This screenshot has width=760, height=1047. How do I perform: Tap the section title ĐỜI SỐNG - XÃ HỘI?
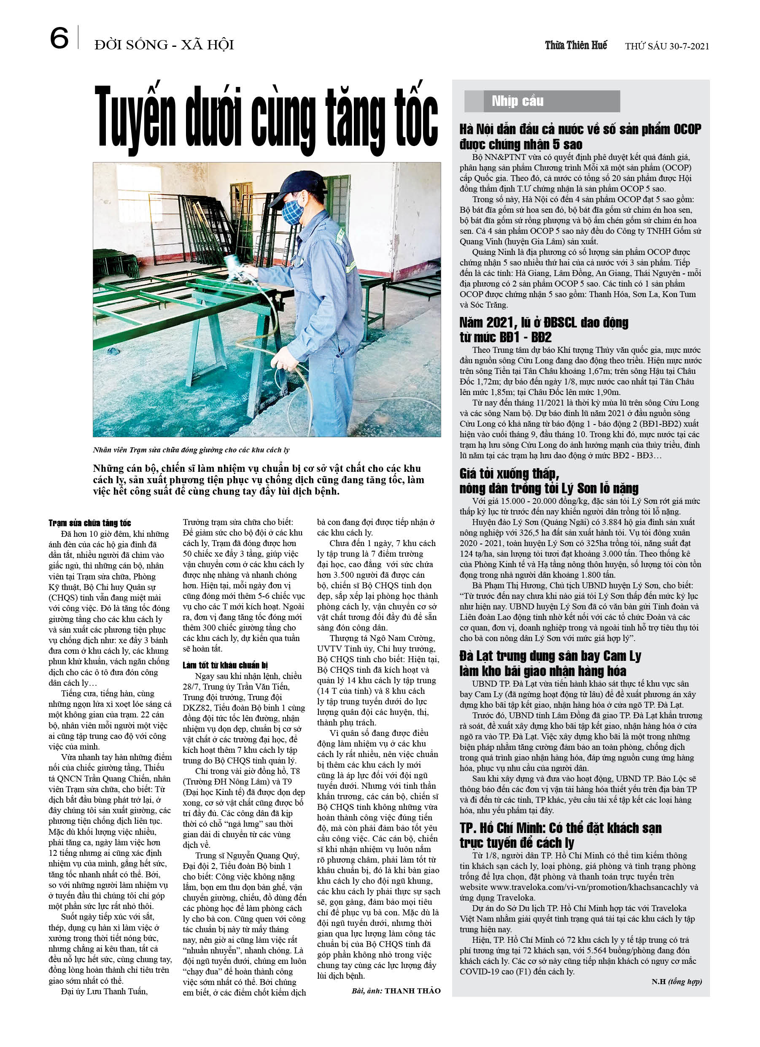click(164, 45)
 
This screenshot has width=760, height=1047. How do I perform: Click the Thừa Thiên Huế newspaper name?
click(575, 45)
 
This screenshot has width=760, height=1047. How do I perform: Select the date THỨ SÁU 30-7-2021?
click(667, 46)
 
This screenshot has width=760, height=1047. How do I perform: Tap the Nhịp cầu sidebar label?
click(517, 101)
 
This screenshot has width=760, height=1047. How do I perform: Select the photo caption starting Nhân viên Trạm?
click(191, 449)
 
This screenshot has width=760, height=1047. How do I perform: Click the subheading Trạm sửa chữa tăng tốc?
click(90, 523)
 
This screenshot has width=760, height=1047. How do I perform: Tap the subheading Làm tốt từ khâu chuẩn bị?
click(225, 665)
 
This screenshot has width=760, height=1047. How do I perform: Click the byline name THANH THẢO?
click(412, 990)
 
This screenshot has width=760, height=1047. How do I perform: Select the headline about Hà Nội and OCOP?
click(579, 137)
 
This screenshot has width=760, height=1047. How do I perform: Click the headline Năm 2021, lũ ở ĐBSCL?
click(544, 329)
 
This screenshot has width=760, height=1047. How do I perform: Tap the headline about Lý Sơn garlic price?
click(549, 481)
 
